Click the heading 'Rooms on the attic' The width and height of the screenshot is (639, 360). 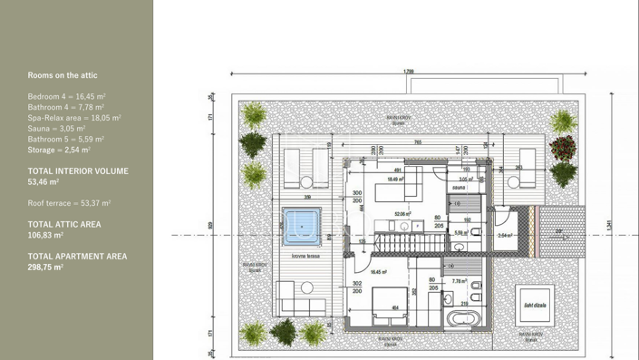tap(63, 75)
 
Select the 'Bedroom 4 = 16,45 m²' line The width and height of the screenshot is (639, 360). tap(67, 96)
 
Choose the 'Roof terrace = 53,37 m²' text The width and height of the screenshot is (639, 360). tap(69, 203)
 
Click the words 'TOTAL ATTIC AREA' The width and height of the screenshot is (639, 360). tap(64, 224)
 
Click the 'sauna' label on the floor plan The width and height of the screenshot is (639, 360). tap(459, 188)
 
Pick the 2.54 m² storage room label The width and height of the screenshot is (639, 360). tap(506, 235)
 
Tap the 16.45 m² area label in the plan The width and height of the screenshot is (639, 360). tap(379, 271)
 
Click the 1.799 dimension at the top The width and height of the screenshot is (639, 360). tap(409, 71)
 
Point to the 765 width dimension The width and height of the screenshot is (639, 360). tap(417, 141)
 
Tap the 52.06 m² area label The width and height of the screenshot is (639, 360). tap(403, 214)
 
